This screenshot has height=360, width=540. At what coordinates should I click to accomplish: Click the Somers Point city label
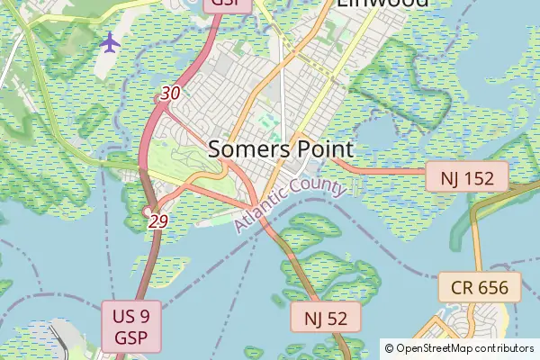[x=281, y=149]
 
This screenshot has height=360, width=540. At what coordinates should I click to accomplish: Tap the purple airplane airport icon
[x=110, y=41]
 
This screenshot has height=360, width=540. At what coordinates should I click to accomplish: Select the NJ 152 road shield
[x=467, y=177]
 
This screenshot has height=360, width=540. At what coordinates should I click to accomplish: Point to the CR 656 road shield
[x=480, y=289]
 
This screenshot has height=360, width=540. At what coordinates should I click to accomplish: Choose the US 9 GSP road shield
[x=131, y=328]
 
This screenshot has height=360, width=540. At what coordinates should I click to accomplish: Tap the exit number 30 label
[x=170, y=93]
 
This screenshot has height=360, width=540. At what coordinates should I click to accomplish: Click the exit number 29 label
[x=158, y=220]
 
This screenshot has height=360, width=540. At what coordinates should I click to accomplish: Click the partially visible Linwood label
[x=382, y=3]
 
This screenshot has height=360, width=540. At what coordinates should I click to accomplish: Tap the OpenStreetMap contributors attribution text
[x=460, y=347]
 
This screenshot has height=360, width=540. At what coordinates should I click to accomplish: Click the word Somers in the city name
[x=247, y=149]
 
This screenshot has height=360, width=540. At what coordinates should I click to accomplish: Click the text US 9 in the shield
[x=131, y=316]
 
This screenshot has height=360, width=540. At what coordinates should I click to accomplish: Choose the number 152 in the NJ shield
[x=480, y=177]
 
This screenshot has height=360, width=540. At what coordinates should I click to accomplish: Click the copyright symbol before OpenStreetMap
[x=390, y=347]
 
